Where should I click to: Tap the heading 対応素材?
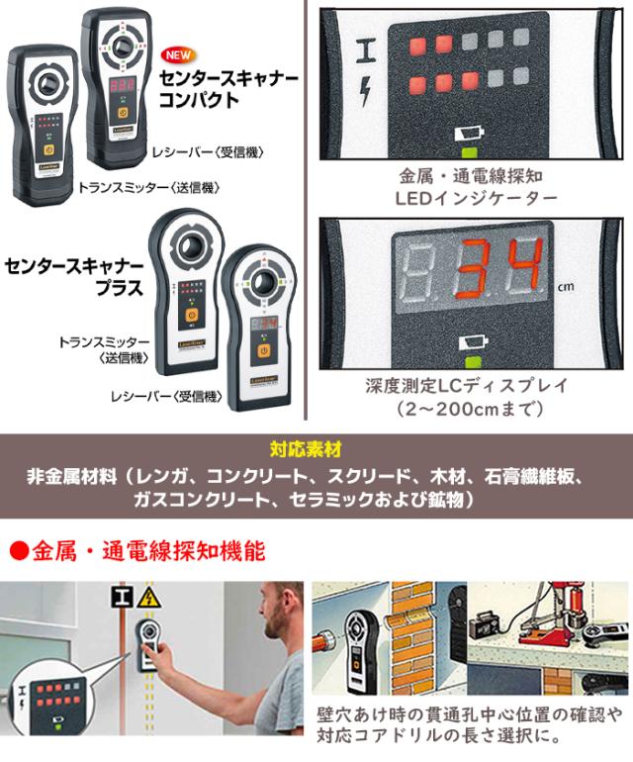(x=316, y=446)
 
